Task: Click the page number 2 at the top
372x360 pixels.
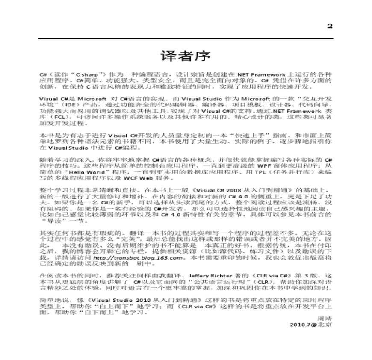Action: pyautogui.click(x=329, y=26)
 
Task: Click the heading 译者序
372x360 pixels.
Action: pyautogui.click(x=186, y=56)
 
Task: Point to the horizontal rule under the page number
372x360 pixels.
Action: pyautogui.click(x=186, y=39)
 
